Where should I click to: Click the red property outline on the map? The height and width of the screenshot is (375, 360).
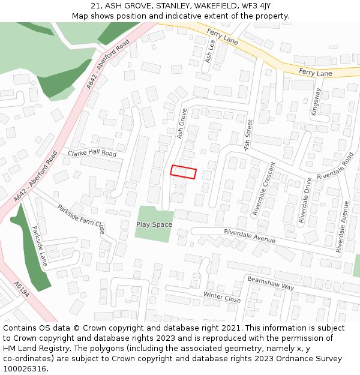coord(184,172)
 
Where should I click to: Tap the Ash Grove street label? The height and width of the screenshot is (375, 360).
coord(182,124)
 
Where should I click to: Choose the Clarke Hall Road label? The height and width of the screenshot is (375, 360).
coord(92,154)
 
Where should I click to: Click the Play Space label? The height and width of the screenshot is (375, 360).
coord(154,225)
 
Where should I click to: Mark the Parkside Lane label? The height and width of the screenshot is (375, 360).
coord(39,247)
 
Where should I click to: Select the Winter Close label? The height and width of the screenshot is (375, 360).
coord(221,297)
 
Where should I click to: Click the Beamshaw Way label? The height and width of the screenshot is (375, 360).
coord(271,283)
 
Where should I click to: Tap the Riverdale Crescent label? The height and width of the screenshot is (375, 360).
coord(264,188)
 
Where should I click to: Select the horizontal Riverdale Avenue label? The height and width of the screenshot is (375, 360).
coord(250,236)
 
